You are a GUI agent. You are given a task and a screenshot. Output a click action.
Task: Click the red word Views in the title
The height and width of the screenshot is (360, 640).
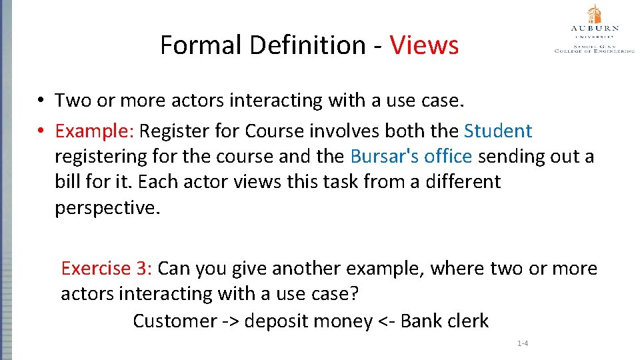point(424,45)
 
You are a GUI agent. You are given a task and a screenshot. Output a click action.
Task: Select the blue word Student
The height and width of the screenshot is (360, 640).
point(498,131)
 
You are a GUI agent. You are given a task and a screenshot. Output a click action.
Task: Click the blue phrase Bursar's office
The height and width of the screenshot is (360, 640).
point(411,156)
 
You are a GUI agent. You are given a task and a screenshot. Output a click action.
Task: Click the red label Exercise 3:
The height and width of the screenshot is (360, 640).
point(107,269)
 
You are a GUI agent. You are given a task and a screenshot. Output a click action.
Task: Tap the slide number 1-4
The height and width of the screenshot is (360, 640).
point(523,343)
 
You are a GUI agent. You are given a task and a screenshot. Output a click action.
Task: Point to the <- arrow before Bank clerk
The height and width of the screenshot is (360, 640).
point(389,321)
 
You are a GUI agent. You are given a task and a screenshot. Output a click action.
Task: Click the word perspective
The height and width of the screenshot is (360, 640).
point(107,208)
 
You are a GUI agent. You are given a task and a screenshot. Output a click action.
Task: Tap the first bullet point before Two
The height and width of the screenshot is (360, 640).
point(41,101)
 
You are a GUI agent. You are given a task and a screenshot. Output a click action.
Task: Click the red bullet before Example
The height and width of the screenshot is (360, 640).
point(41,131)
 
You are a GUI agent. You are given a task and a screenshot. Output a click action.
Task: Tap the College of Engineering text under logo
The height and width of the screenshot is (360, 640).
point(595,50)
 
